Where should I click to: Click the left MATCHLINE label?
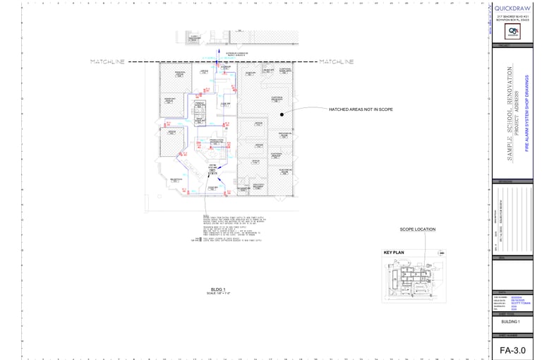coord(107,62)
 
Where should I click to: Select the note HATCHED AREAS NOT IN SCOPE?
coord(361,109)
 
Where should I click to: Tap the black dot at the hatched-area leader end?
coord(281,114)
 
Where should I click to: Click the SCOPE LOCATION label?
coord(418,229)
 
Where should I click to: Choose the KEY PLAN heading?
coord(393,252)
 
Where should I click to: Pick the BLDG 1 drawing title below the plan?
coord(219,289)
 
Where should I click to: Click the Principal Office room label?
coord(179,73)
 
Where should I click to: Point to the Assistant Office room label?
coord(169,100)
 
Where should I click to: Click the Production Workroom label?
coord(215,141)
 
